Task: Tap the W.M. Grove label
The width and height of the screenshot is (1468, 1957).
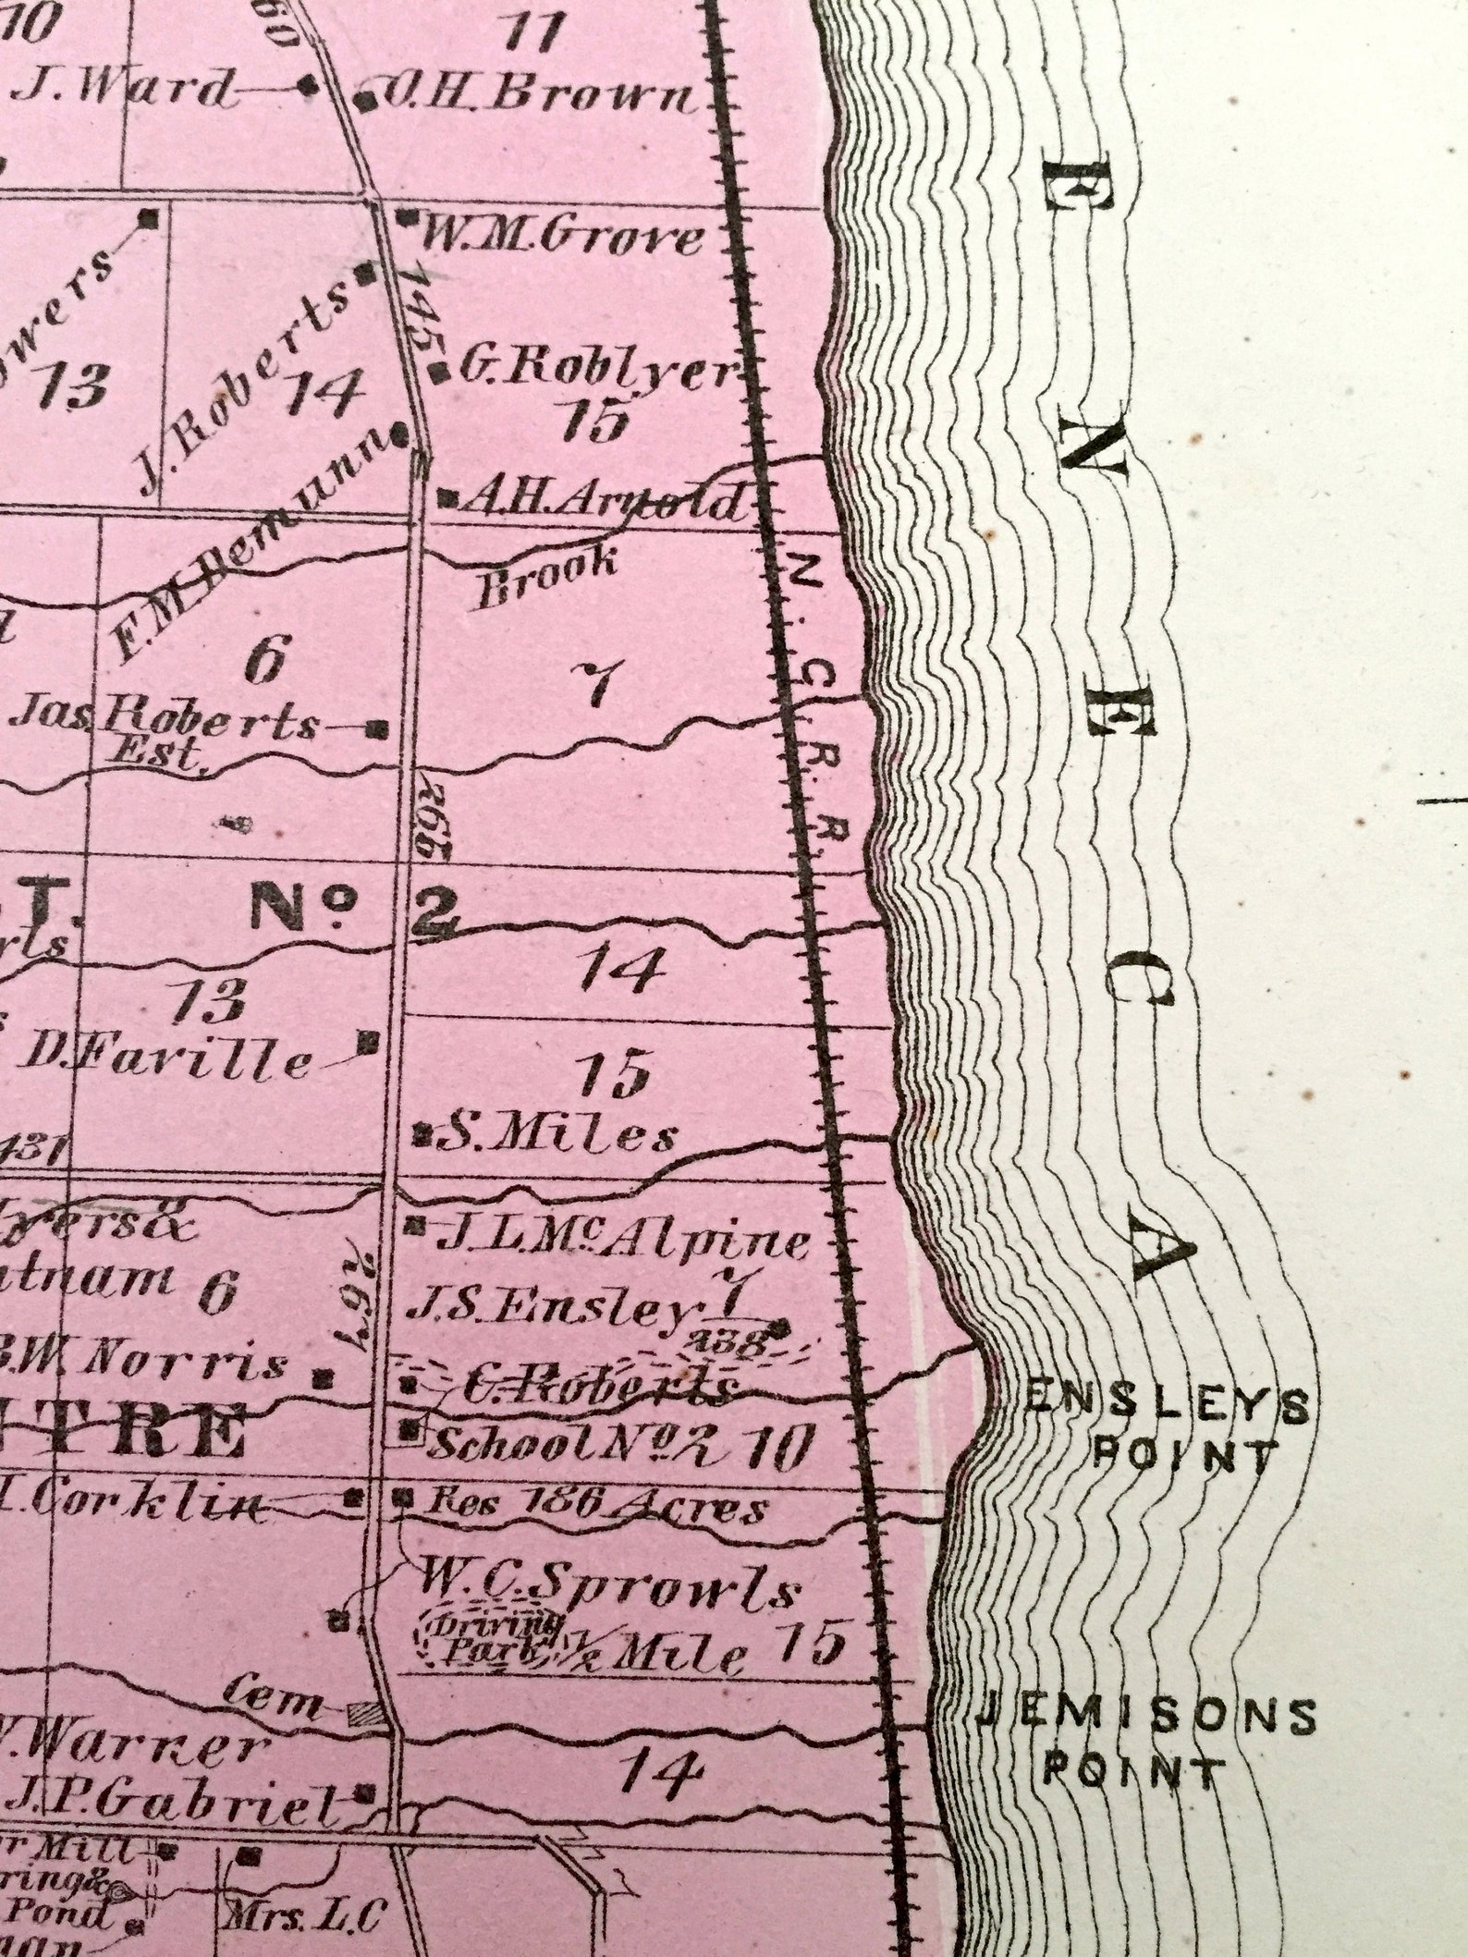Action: point(559,239)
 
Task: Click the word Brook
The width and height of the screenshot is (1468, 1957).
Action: point(545,579)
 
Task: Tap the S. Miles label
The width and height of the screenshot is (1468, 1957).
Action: point(556,1136)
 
